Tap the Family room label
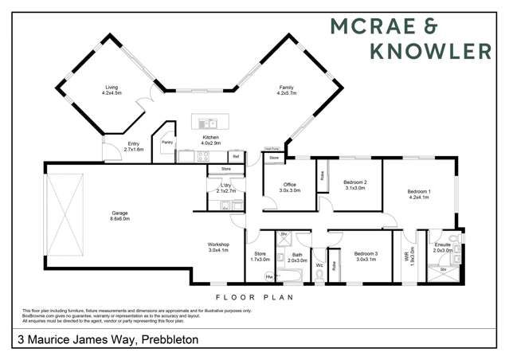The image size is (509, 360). click(x=287, y=89)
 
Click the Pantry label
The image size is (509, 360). click(x=167, y=142)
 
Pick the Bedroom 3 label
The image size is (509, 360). click(x=366, y=255)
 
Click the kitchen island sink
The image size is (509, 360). click(x=209, y=123)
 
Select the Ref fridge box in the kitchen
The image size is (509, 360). click(x=236, y=156)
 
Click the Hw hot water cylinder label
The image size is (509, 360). click(x=269, y=276)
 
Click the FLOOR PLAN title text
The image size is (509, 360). click(x=255, y=297)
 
